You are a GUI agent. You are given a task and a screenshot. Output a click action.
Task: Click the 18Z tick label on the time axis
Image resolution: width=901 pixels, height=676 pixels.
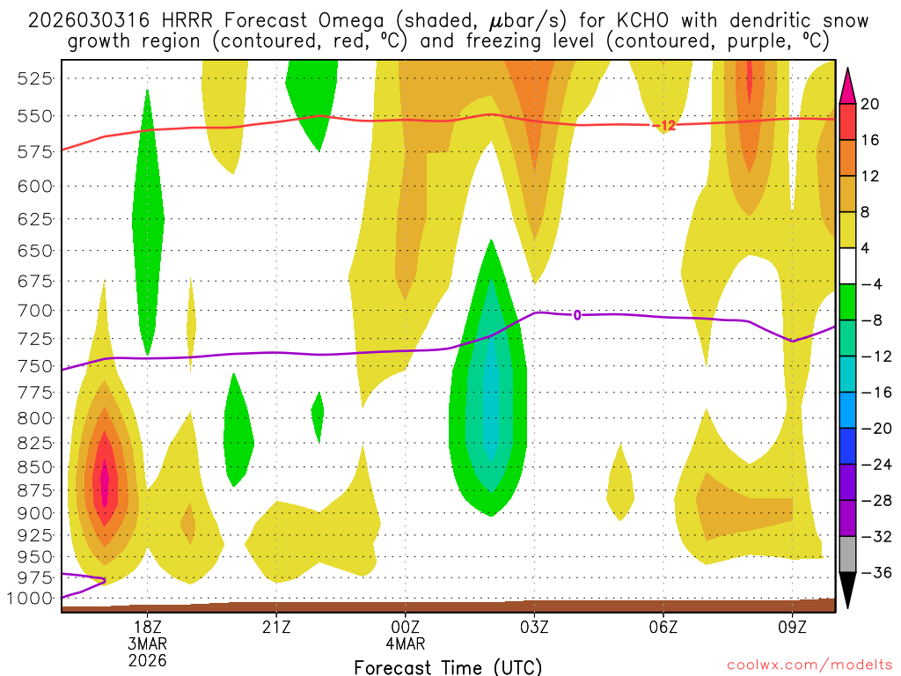point(147,627)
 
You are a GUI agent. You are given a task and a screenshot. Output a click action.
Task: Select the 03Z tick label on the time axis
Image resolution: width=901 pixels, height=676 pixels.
point(534,627)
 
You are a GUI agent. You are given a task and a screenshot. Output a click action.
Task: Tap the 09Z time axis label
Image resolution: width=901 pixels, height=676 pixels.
point(792,627)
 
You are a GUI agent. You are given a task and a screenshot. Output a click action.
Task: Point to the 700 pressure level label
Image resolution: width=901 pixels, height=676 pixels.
point(35,310)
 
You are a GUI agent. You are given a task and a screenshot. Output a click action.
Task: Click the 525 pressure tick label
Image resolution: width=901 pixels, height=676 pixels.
point(35,78)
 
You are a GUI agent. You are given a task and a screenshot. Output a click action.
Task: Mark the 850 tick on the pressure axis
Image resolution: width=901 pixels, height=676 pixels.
point(35,467)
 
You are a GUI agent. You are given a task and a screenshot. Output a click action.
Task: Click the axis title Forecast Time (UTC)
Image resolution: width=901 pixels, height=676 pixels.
point(448,667)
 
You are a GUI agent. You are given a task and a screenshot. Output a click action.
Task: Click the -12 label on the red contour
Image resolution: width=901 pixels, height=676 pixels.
point(664,126)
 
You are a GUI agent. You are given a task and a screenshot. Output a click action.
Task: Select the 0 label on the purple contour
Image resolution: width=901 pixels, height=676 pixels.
point(577,315)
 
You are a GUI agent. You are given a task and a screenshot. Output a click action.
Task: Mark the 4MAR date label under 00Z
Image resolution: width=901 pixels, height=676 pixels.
point(405,643)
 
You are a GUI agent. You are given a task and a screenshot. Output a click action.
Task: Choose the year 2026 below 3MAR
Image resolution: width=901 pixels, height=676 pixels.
point(147,660)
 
